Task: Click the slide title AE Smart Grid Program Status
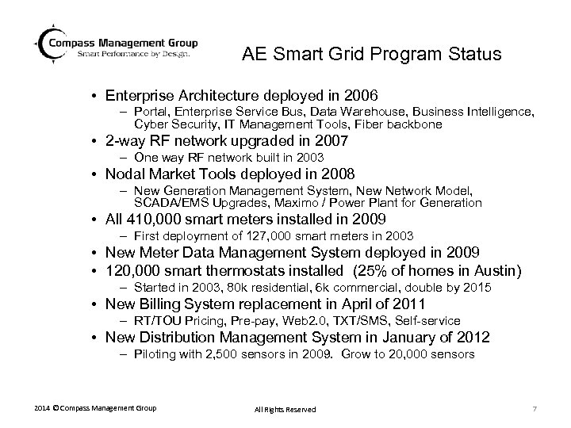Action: pos(371,55)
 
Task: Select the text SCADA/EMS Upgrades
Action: pos(189,203)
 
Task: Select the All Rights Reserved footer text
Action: pos(285,409)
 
